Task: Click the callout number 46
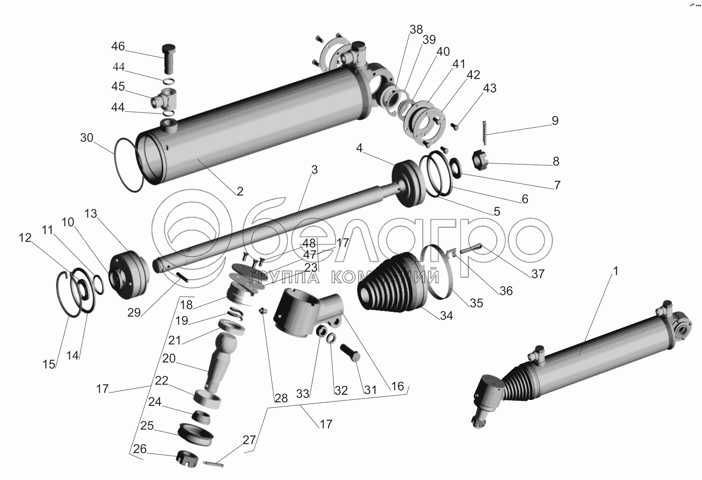coord(118,46)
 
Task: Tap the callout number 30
coord(87,138)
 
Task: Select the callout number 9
coord(555,121)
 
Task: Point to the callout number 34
coord(446,316)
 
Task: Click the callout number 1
coord(615,271)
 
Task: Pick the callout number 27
coord(249,440)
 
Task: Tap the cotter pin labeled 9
coord(484,133)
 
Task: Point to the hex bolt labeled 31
coord(350,353)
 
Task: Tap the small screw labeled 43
coord(456,126)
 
